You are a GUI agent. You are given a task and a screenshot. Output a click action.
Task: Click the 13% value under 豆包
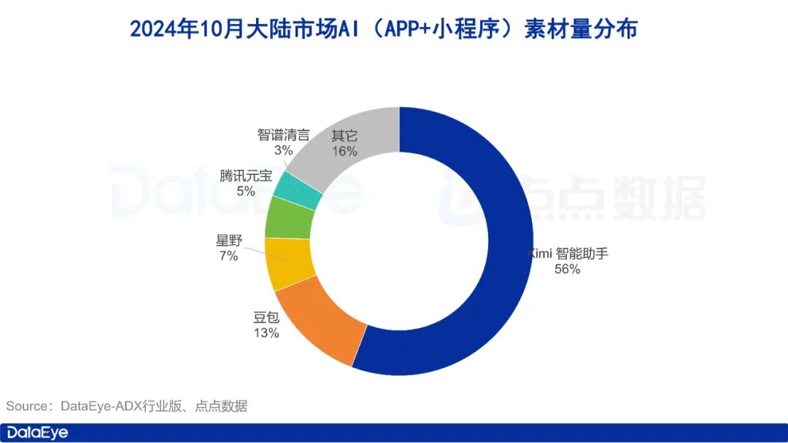click(x=266, y=334)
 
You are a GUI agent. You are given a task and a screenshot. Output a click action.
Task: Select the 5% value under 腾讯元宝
click(x=245, y=192)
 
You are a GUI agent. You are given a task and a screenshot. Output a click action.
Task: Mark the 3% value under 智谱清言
click(x=283, y=151)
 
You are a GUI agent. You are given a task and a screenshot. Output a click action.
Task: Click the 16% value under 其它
click(x=344, y=151)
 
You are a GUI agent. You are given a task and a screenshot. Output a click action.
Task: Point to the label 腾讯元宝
click(x=245, y=176)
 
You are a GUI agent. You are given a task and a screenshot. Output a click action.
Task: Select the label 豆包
click(x=266, y=318)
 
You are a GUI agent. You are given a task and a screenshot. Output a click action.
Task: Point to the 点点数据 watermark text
click(x=613, y=198)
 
